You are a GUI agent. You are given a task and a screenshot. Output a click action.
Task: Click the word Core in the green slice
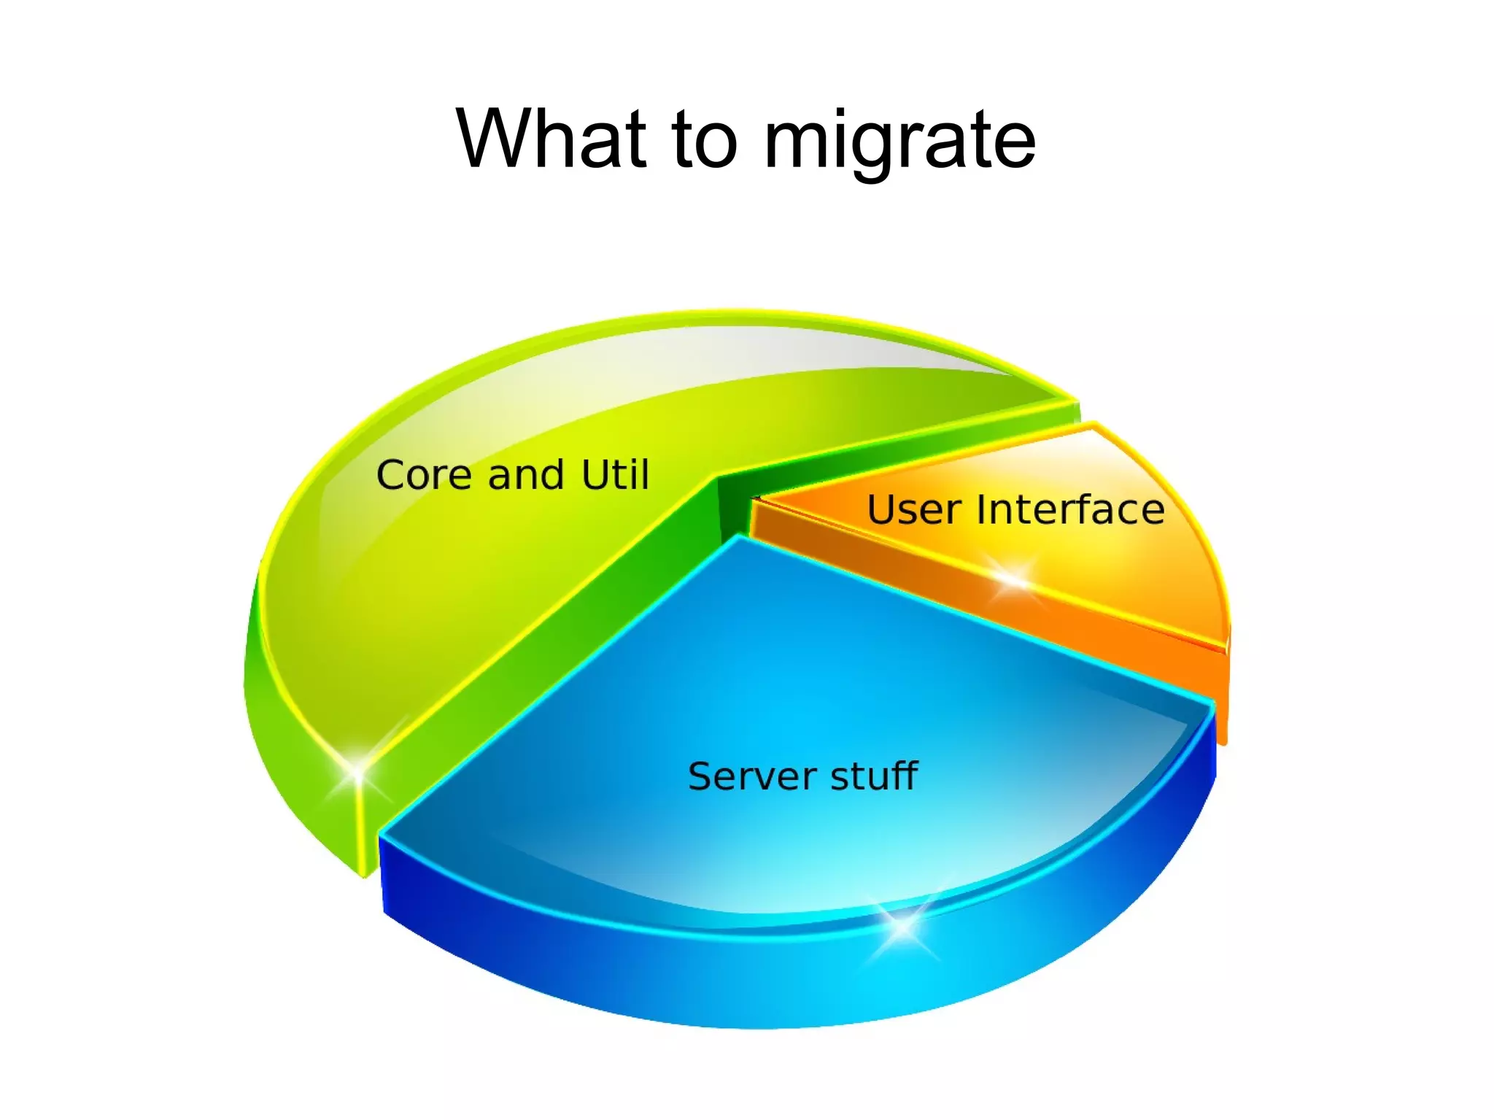424,475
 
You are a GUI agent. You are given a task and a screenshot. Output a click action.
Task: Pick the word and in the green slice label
526,475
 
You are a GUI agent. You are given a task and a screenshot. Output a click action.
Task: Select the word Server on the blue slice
753,776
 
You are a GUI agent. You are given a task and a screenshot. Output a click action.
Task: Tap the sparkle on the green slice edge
357,771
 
